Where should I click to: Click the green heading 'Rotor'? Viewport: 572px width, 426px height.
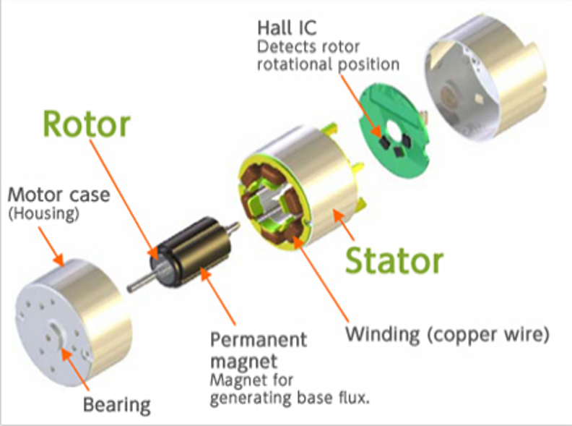click(x=87, y=125)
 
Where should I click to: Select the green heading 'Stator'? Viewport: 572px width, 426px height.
click(x=394, y=258)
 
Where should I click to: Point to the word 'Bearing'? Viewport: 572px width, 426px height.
click(x=117, y=404)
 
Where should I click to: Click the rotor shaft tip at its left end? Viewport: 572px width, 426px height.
click(x=132, y=289)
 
